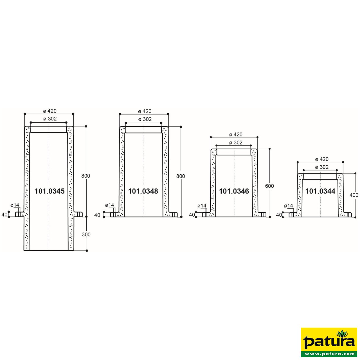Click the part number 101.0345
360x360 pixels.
(x=49, y=191)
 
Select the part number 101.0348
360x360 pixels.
(x=143, y=191)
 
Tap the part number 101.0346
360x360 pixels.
(x=234, y=191)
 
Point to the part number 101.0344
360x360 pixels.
(x=320, y=191)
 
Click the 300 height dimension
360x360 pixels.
(x=86, y=234)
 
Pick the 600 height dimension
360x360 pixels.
(x=269, y=186)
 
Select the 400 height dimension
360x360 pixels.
(x=354, y=195)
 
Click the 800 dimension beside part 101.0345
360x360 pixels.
(x=85, y=176)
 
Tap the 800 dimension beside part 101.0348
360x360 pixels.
(x=181, y=176)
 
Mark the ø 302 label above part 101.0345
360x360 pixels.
(x=50, y=119)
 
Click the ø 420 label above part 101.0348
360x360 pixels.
(x=145, y=111)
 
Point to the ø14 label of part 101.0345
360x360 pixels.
(x=15, y=205)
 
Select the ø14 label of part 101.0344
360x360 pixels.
(x=289, y=206)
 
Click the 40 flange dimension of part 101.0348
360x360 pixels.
(x=97, y=215)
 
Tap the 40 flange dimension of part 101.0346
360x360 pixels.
(x=192, y=215)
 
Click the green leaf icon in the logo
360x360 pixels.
(x=342, y=334)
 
